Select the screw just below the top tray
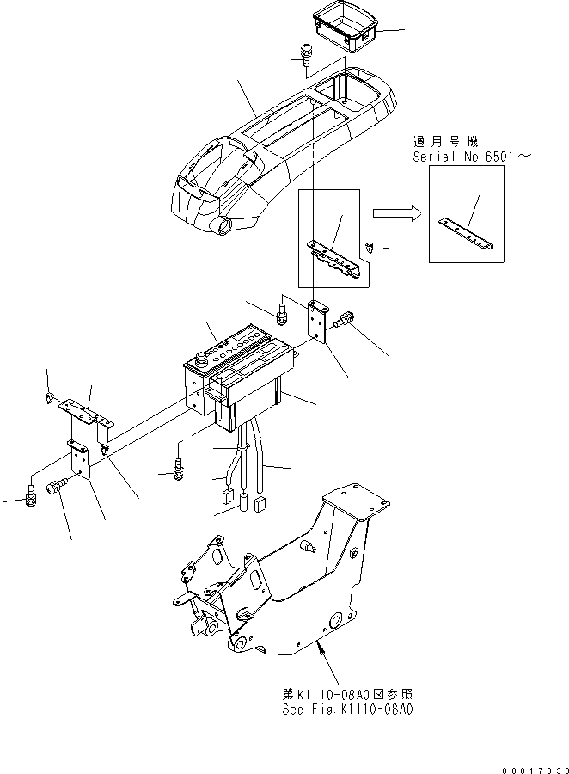(305, 54)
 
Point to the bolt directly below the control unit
(178, 469)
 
